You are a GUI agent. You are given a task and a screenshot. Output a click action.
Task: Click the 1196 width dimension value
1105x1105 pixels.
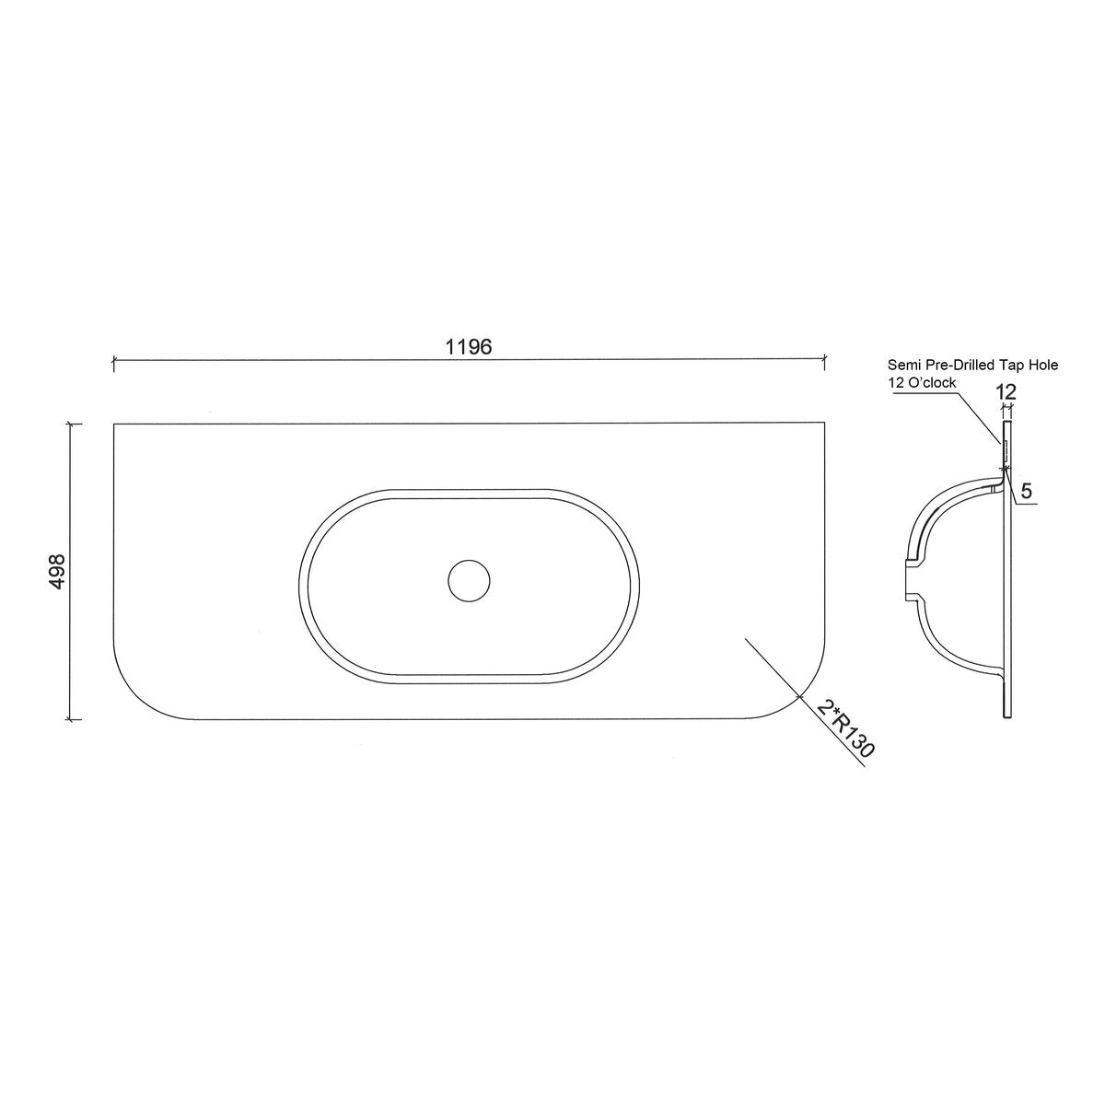pyautogui.click(x=469, y=346)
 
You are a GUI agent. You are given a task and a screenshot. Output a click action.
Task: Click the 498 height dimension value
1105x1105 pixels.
pyautogui.click(x=57, y=571)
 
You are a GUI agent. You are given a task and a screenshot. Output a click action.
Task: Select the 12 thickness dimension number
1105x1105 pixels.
pyautogui.click(x=1006, y=392)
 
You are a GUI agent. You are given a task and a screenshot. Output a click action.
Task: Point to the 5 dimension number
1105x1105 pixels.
pyautogui.click(x=1027, y=491)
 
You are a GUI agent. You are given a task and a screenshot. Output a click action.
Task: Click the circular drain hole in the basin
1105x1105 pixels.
pyautogui.click(x=469, y=581)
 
